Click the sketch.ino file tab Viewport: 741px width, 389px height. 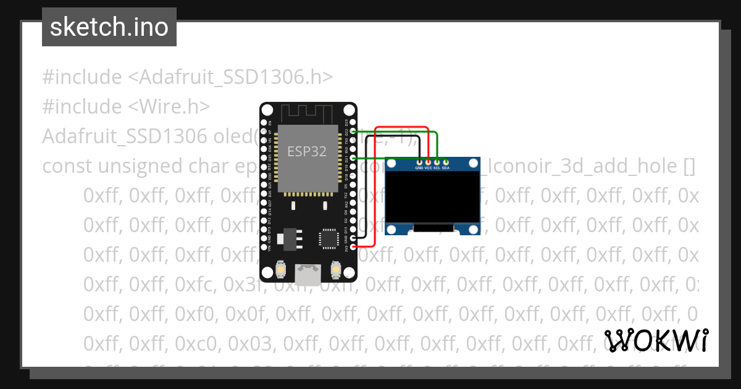pos(109,27)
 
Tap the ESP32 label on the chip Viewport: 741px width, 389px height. pos(307,151)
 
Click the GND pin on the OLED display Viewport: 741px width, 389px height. pos(419,161)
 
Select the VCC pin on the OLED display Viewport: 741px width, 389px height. pos(428,161)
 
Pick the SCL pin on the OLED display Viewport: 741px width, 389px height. pos(437,161)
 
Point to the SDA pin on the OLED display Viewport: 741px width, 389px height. pos(445,161)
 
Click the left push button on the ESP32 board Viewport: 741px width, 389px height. pos(281,269)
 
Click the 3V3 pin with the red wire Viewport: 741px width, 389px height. pos(353,247)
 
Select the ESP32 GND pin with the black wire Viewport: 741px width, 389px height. pos(353,238)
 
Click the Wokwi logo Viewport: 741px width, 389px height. pos(656,340)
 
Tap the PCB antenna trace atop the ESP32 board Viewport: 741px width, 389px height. pos(308,113)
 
